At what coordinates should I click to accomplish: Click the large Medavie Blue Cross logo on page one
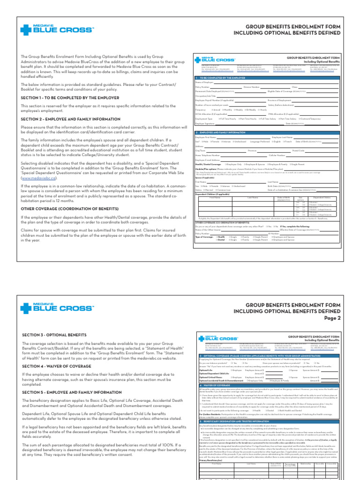(x=57, y=30)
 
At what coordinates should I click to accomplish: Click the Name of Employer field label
(x=203, y=82)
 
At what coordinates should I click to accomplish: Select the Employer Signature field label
(x=206, y=123)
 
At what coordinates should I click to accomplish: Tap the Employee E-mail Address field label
(x=208, y=160)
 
